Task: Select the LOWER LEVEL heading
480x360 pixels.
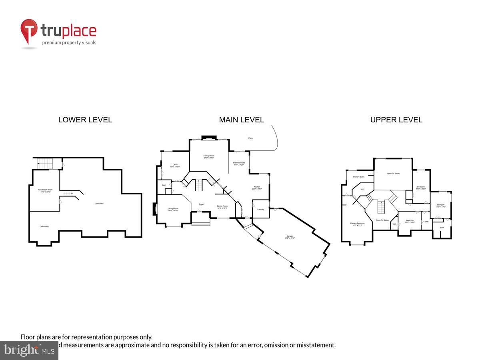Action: click(x=85, y=120)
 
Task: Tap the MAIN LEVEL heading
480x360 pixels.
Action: click(x=241, y=120)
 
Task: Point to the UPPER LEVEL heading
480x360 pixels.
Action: click(x=396, y=120)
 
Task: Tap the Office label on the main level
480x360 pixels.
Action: click(x=175, y=165)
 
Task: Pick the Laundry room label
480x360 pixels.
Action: click(x=260, y=209)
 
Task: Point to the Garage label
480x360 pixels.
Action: click(x=290, y=237)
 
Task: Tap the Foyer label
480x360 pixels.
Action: click(x=201, y=204)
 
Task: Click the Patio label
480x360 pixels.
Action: click(x=250, y=138)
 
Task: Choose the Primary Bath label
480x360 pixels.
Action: click(x=358, y=177)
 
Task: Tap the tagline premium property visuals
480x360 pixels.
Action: click(x=69, y=42)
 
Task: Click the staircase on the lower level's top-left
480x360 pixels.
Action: click(x=45, y=164)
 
